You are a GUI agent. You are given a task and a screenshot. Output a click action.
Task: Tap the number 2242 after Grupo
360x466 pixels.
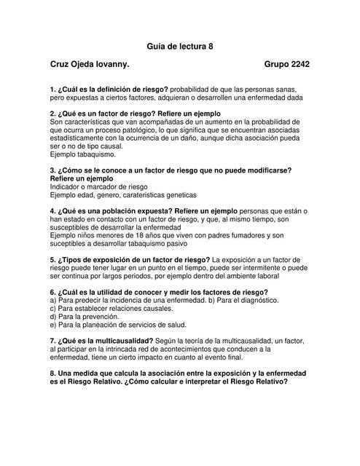point(300,65)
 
